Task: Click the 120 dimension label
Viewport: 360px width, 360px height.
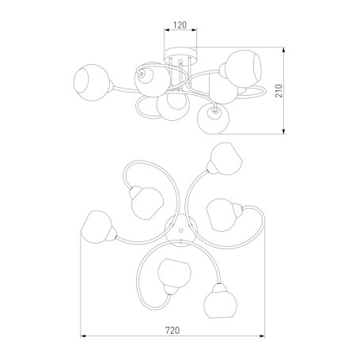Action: point(180,25)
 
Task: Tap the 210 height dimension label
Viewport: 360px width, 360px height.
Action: point(279,91)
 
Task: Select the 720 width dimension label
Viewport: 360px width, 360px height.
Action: point(172,330)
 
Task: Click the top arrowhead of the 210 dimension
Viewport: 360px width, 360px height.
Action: point(284,51)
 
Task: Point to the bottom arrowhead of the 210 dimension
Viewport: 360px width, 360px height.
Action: point(284,131)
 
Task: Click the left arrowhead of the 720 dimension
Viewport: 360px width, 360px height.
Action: point(84,336)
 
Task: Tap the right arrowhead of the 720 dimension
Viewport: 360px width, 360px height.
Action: point(262,336)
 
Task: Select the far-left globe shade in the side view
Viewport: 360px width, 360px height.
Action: point(91,82)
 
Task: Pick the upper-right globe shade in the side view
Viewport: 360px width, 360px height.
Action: point(243,67)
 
